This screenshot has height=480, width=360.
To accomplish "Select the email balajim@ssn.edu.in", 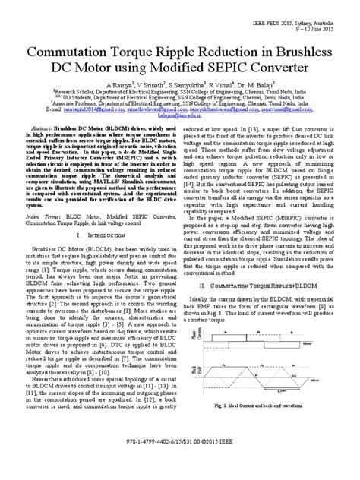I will [x=180, y=118].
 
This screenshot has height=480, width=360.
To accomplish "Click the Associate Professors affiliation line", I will [x=180, y=103].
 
